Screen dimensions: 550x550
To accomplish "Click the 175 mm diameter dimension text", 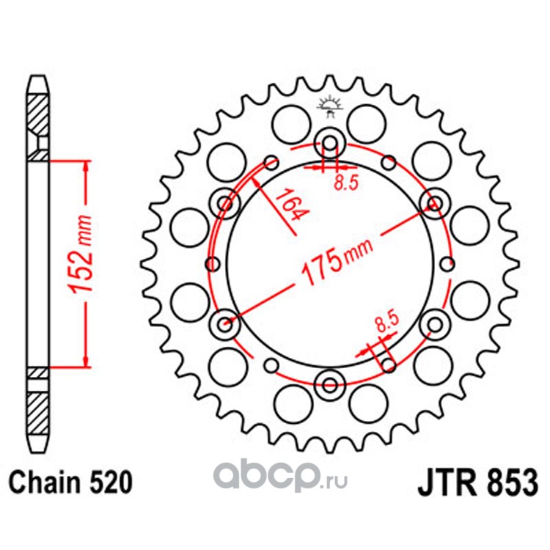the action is click(337, 261).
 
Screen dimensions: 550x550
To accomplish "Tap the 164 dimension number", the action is click(290, 205).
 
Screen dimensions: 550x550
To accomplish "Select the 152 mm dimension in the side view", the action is click(81, 254).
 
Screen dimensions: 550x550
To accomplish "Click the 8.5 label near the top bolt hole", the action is click(346, 183).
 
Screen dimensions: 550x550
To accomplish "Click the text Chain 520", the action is click(70, 483).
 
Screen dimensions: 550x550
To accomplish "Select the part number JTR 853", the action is click(477, 483).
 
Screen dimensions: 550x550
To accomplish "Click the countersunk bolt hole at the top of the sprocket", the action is click(329, 143).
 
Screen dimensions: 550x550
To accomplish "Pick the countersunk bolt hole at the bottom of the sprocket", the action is click(330, 385).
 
